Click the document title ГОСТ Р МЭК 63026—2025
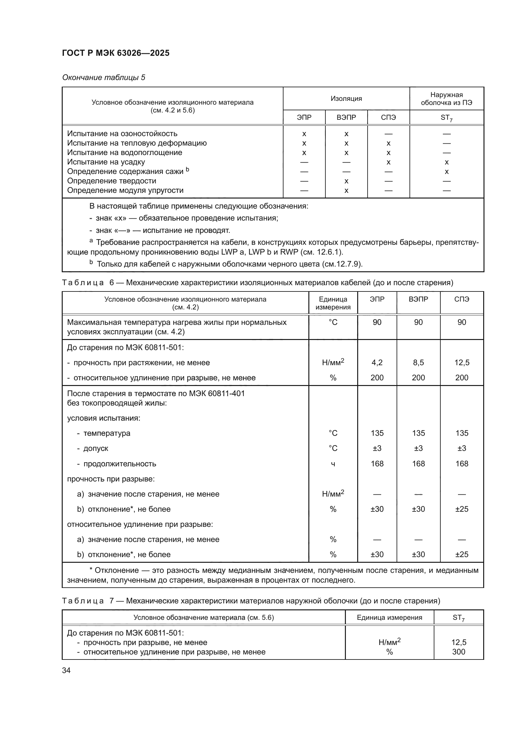116,53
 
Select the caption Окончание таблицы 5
103,78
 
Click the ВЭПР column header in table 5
346,118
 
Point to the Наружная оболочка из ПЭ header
446,99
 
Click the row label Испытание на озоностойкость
122,134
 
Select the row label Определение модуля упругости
125,190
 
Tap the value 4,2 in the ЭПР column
377,362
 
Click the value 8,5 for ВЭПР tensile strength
418,362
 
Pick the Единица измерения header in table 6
333,303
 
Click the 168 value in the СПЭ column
462,464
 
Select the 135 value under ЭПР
377,433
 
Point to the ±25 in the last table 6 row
462,554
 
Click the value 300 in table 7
458,652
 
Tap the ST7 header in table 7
458,618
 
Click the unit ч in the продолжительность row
333,464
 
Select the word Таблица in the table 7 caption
83,601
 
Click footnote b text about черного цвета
229,264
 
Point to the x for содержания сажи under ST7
446,172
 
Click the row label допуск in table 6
96,448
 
